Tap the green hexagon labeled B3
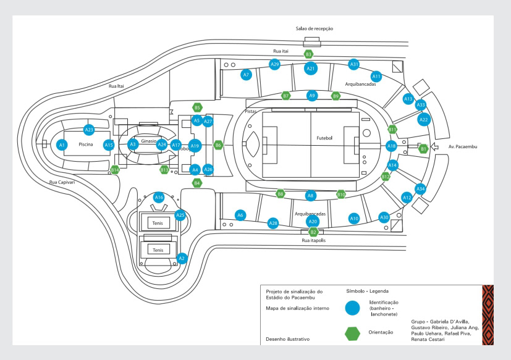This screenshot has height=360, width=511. click(x=308, y=54)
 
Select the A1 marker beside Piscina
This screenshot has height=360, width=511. click(x=61, y=145)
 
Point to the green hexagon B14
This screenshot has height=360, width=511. click(x=115, y=169)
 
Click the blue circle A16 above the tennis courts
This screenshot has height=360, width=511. click(x=159, y=198)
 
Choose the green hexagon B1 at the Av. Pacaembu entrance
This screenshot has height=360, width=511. click(x=423, y=148)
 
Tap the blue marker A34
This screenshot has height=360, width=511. click(x=420, y=188)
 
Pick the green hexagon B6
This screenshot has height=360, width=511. click(x=218, y=145)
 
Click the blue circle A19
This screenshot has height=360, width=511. click(x=195, y=146)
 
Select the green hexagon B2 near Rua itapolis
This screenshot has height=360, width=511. click(x=313, y=232)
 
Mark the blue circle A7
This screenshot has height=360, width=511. click(x=246, y=75)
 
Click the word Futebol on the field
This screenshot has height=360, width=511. click(x=324, y=138)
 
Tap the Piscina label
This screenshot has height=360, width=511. click(x=85, y=144)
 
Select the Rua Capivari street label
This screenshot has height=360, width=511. click(x=62, y=183)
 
